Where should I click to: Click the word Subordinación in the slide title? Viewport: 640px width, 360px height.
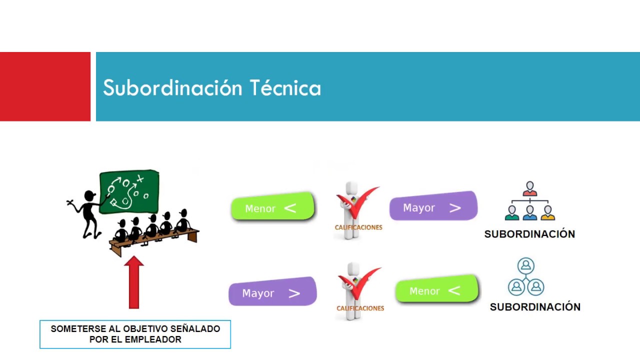click(172, 88)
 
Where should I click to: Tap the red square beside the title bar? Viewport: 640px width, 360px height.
click(45, 86)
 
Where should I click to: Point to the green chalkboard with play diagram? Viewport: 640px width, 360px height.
click(129, 191)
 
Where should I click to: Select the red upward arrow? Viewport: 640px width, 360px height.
click(133, 282)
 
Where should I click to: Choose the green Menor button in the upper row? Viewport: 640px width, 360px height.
click(272, 207)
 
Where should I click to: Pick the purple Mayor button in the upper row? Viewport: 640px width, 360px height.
click(433, 207)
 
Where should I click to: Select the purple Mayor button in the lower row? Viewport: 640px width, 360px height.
click(272, 292)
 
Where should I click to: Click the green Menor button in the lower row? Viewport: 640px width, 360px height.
click(436, 290)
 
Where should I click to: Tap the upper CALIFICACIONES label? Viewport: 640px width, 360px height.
click(358, 227)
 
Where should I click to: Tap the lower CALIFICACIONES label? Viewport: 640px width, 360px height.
click(360, 308)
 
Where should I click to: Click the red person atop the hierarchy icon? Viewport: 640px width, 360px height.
click(530, 189)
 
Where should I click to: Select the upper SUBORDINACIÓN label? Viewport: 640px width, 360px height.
click(529, 234)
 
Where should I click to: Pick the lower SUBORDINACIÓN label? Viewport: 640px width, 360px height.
click(535, 307)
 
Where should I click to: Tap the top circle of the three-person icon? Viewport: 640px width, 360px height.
click(525, 265)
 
